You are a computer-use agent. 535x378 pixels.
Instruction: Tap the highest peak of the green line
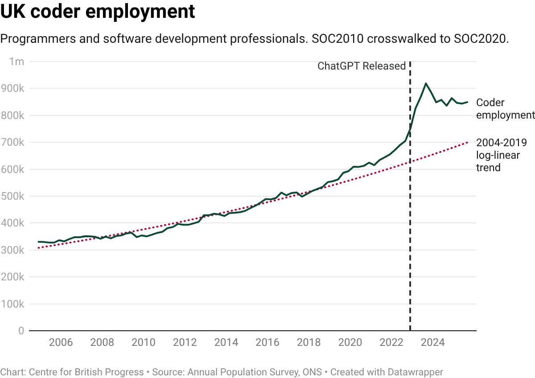[x=426, y=83]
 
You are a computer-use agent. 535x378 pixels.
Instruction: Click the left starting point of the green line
[x=37, y=243]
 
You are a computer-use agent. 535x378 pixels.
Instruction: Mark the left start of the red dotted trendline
[x=37, y=247]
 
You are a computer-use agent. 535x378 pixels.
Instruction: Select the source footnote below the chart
[x=223, y=370]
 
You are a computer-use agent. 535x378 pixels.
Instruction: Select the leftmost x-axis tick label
[x=60, y=343]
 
